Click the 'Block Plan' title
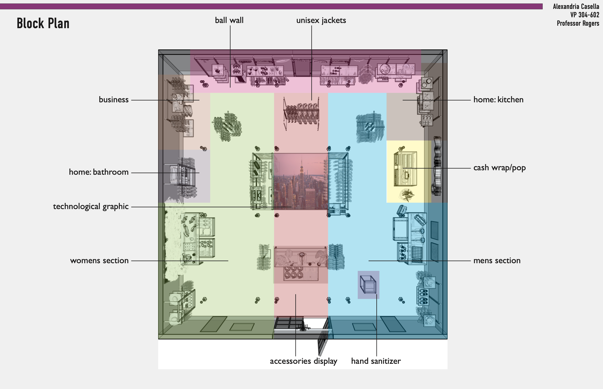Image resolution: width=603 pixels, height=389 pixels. (43, 23)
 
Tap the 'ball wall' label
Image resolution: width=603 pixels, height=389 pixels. (229, 20)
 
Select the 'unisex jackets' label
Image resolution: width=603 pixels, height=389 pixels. (321, 21)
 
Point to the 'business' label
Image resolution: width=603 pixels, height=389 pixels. (114, 100)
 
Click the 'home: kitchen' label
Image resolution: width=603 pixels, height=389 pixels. (498, 100)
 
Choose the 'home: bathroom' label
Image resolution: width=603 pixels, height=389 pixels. (99, 172)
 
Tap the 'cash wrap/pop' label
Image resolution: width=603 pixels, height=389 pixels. (499, 168)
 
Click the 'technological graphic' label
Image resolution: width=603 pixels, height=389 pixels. (91, 207)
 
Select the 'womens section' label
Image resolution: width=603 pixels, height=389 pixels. (100, 260)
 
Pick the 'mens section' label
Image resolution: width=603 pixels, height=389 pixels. (497, 260)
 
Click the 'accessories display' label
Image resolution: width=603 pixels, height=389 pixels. (303, 361)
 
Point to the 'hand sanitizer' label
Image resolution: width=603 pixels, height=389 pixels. (376, 361)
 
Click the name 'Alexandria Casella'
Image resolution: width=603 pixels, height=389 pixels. (576, 7)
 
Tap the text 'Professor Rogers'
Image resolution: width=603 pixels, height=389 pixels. (578, 23)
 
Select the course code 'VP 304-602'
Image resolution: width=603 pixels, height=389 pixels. (585, 15)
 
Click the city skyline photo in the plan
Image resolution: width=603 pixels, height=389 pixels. (301, 181)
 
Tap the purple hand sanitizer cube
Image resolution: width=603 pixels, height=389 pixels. (368, 285)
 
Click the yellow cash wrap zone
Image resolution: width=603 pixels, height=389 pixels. (409, 172)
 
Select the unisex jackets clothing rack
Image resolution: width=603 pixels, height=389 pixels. (301, 113)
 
